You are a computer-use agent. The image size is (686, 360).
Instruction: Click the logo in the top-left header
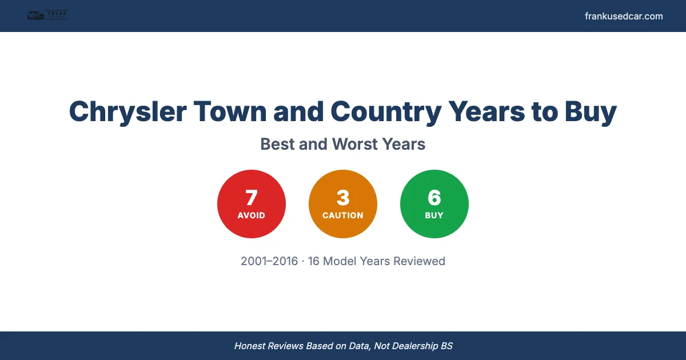48,16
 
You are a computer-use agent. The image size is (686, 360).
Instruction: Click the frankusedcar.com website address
624,16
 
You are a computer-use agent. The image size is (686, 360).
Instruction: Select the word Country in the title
385,111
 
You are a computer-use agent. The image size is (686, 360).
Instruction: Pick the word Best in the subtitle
277,144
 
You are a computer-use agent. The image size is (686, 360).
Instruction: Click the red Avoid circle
252,204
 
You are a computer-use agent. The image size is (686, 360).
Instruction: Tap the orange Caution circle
343,204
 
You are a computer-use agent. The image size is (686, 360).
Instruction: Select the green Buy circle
434,204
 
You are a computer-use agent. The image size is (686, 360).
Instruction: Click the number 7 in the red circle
252,198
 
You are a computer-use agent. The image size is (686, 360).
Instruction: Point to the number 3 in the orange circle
343,198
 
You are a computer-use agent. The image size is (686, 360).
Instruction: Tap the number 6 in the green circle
434,198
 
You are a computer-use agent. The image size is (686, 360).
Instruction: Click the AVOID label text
252,215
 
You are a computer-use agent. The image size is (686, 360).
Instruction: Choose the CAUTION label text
343,215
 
